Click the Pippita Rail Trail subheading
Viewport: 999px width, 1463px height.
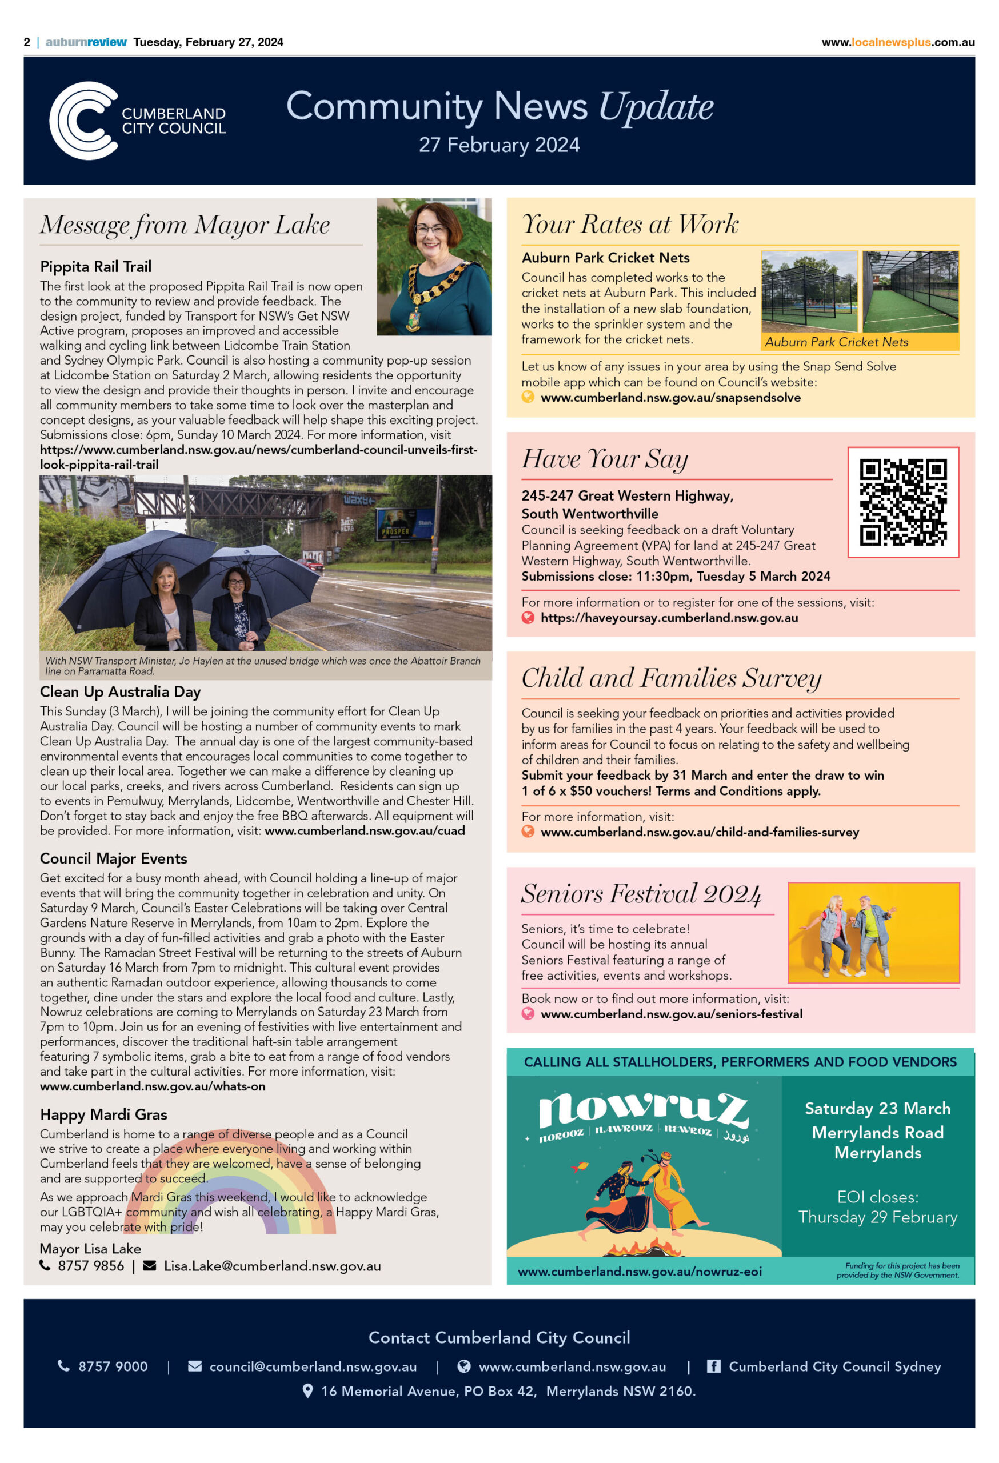click(95, 267)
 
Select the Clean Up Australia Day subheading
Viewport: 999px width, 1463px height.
click(120, 692)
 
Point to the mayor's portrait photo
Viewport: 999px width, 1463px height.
click(434, 267)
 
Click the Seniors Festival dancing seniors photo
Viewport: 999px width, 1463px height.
click(873, 932)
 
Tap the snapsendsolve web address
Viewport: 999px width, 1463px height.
click(670, 398)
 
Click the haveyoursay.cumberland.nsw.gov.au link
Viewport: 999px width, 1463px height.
click(669, 618)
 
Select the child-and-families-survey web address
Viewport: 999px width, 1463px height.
click(699, 832)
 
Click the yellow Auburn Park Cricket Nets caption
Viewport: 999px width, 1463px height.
click(836, 342)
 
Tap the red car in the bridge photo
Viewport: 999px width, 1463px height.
click(313, 565)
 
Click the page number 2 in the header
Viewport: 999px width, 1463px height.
click(27, 42)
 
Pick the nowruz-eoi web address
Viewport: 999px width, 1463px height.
click(639, 1272)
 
